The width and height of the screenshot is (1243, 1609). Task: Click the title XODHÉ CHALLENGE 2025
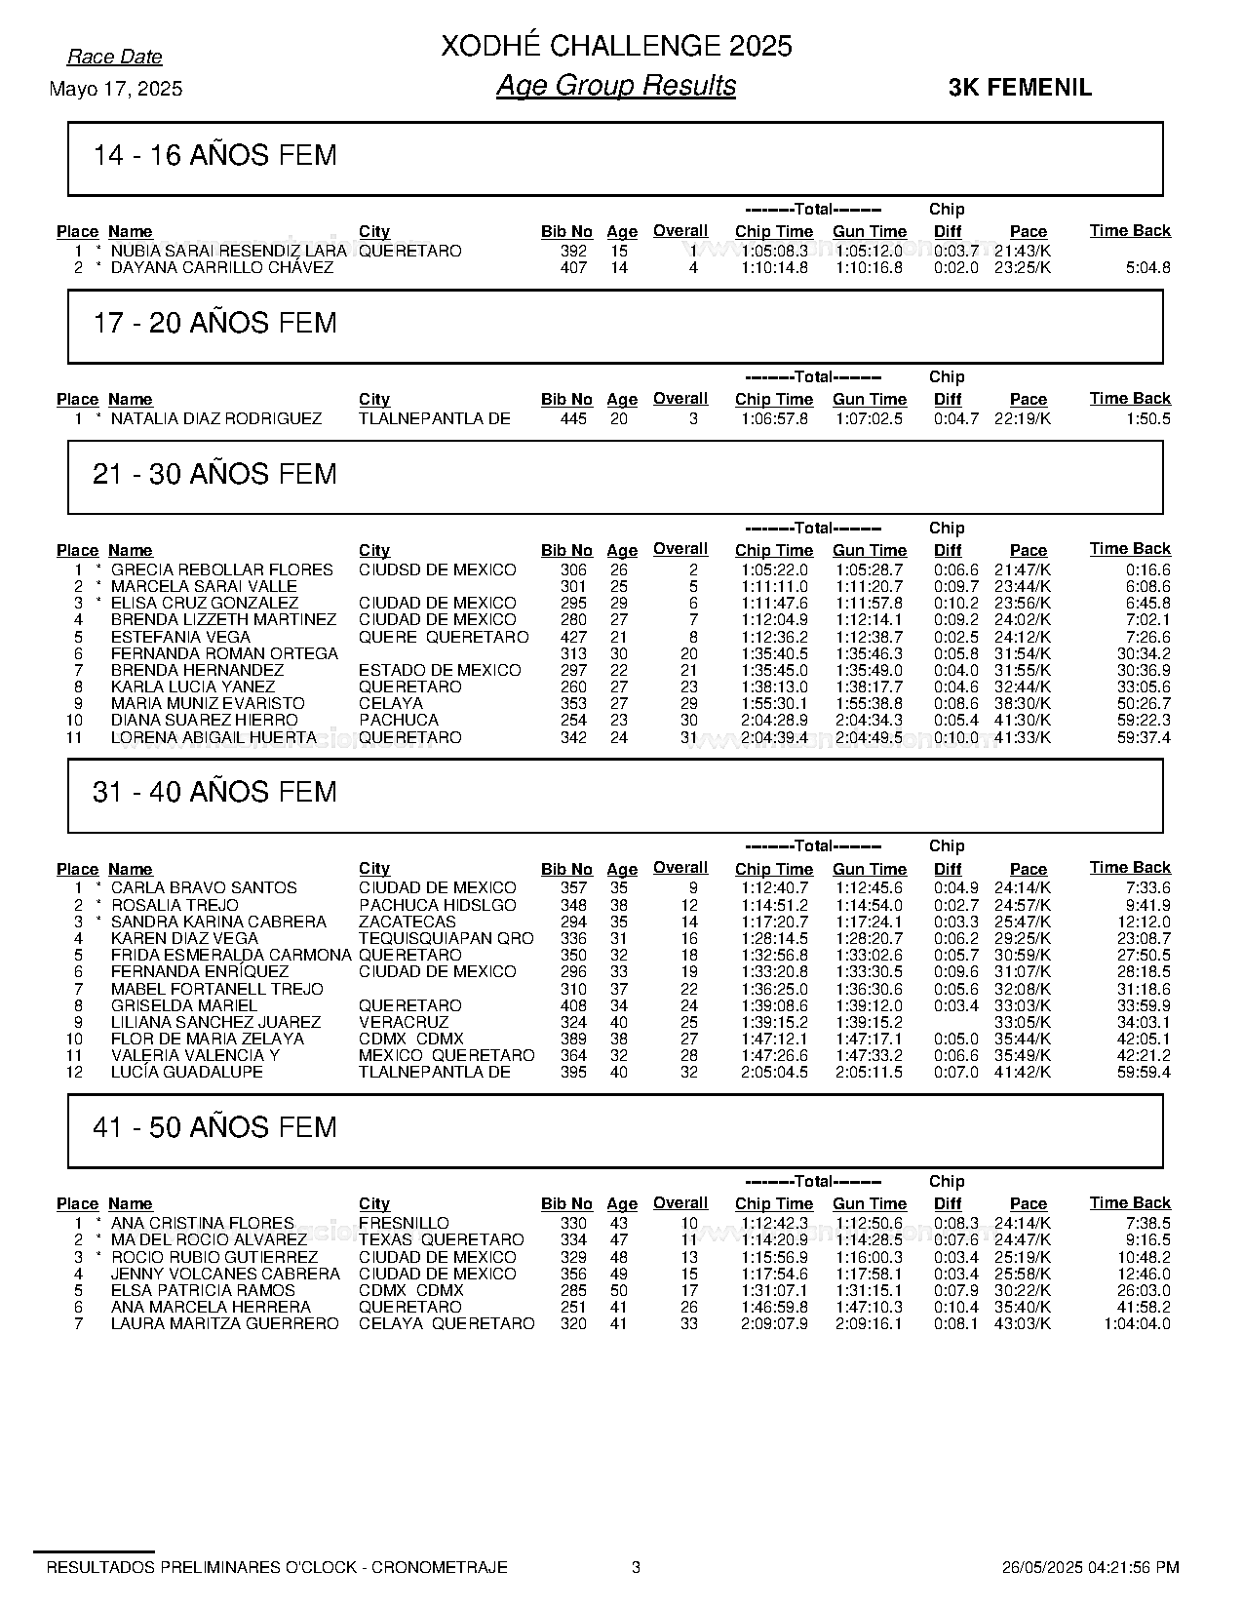click(616, 46)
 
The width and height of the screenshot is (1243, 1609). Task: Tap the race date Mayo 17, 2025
click(115, 89)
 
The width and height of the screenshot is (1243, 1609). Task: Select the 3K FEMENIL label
click(1020, 88)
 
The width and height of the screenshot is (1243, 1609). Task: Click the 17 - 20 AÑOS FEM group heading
click(214, 323)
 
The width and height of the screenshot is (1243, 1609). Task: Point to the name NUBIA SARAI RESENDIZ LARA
click(228, 251)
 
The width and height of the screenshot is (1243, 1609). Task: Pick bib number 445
click(573, 418)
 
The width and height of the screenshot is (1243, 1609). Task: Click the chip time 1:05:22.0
click(774, 569)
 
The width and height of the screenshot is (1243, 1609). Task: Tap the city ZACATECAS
click(407, 922)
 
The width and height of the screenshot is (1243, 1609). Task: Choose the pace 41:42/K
click(1022, 1072)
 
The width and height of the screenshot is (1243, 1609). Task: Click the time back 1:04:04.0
click(1137, 1323)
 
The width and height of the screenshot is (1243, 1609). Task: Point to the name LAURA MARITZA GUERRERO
click(224, 1323)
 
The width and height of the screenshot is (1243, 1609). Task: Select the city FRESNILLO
click(404, 1223)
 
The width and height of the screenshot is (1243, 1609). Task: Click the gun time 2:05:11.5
click(869, 1072)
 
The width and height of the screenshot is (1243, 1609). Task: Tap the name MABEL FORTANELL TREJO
click(216, 989)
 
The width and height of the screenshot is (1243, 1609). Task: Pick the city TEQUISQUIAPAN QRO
click(446, 938)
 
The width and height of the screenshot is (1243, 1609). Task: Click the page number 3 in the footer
click(637, 1567)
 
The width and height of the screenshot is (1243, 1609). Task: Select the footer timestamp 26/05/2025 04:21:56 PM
click(1090, 1567)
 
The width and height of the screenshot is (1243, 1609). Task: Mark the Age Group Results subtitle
click(616, 86)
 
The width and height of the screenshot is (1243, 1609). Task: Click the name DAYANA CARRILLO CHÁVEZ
click(221, 267)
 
